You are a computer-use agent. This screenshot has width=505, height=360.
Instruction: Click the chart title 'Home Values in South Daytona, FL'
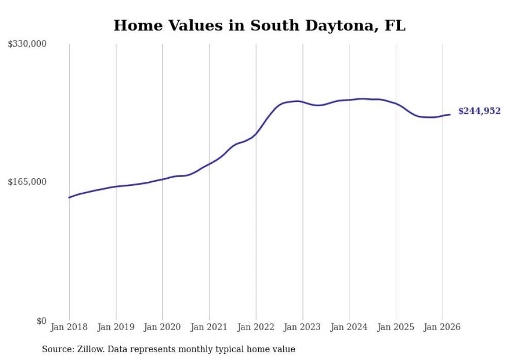point(259,26)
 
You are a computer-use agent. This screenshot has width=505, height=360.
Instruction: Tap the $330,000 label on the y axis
point(27,44)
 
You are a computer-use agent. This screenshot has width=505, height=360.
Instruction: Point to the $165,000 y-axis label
point(27,182)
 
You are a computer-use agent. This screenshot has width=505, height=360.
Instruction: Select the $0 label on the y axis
point(41,321)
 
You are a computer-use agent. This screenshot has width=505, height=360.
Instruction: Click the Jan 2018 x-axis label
point(69,327)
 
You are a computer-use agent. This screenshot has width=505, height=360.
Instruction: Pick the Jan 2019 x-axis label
point(115,327)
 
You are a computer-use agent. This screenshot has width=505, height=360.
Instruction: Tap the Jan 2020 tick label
point(162,327)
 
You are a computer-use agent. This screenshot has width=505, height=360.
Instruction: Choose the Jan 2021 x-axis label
point(209,327)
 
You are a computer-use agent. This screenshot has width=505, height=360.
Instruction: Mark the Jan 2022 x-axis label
point(256,327)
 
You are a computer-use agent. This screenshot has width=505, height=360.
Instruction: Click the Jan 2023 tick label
point(302,327)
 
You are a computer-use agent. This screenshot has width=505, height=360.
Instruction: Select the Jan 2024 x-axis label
point(349,327)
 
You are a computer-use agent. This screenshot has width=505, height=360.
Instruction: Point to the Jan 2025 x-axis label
point(396,327)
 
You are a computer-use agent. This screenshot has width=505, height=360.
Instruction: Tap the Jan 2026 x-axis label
point(442,327)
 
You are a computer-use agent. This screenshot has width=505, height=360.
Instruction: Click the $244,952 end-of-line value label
point(479,111)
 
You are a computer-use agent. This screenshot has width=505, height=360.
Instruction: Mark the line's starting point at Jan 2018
point(69,197)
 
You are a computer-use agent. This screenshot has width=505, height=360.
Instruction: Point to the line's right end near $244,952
point(450,114)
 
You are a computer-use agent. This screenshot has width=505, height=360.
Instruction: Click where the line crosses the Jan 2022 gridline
point(256,134)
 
